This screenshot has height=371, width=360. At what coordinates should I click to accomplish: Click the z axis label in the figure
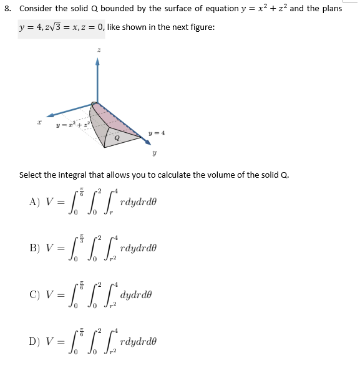[97, 49]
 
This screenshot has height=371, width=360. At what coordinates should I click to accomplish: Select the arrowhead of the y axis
[147, 143]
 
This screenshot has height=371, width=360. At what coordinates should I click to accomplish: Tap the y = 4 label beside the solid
[157, 132]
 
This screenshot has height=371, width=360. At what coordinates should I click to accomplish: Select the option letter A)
[35, 201]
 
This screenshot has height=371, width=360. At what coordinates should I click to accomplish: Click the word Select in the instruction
[32, 175]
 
